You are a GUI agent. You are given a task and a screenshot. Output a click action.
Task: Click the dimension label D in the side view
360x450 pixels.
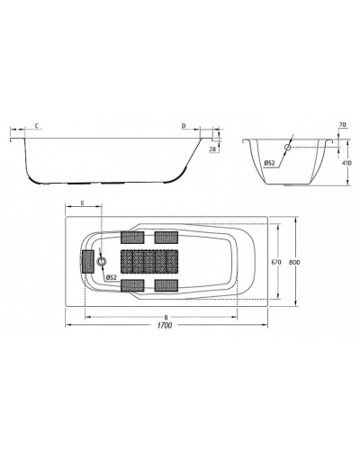(x=184, y=126)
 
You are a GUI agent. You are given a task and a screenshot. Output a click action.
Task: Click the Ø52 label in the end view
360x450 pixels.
(x=270, y=163)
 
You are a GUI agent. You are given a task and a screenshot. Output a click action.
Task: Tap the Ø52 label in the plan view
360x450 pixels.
(x=112, y=278)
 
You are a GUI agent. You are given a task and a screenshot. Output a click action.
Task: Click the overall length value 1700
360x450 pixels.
(x=164, y=326)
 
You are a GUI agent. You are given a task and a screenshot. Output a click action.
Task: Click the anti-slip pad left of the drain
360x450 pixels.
(x=87, y=262)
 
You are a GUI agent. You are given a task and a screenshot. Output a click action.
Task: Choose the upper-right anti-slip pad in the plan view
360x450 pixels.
(x=166, y=238)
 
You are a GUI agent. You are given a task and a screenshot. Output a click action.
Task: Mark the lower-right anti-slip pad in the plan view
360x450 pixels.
(x=166, y=285)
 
